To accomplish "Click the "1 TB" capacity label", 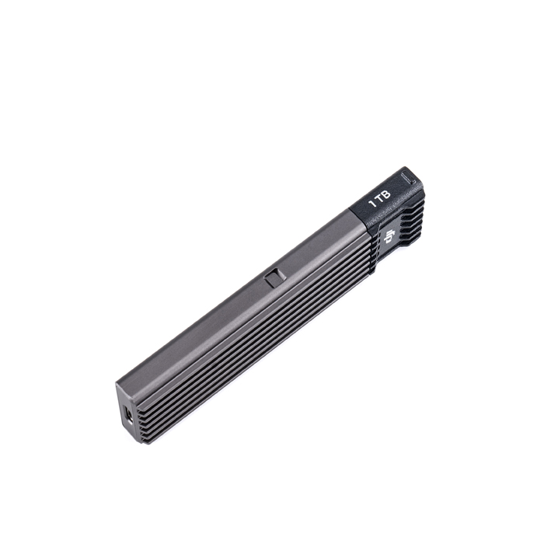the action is (380, 198).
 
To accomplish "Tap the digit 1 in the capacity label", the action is (372, 204).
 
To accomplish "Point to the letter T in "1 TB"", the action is (379, 199).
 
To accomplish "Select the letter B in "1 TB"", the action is (386, 194).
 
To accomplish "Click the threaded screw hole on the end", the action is (129, 416).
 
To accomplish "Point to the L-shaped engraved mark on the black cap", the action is (409, 177).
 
